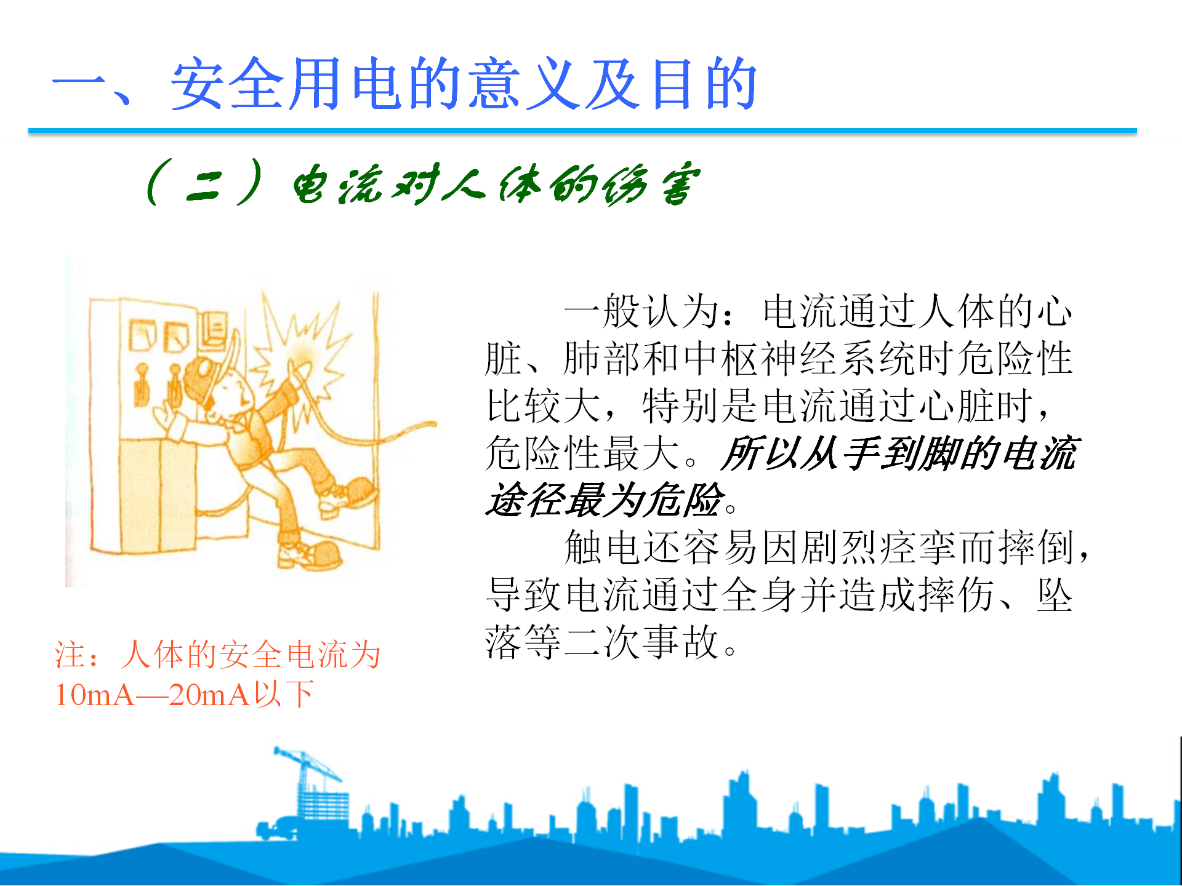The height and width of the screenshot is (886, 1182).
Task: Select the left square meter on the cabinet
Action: pyautogui.click(x=142, y=335)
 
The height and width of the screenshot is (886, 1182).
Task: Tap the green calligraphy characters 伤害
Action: pyautogui.click(x=652, y=184)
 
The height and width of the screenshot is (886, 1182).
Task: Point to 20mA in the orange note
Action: pyautogui.click(x=209, y=695)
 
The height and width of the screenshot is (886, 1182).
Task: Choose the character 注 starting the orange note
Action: pyautogui.click(x=70, y=655)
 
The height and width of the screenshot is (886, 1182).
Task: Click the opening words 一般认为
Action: pyautogui.click(x=641, y=311)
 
